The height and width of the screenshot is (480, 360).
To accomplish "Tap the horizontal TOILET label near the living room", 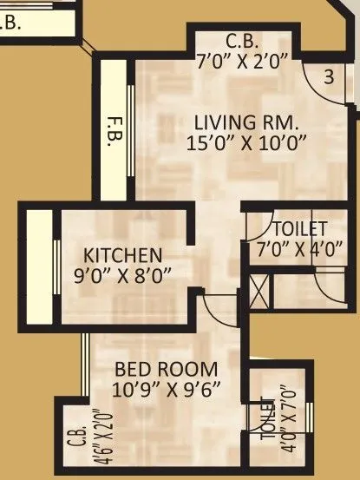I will (299, 229).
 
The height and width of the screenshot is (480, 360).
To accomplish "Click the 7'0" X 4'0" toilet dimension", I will (299, 247).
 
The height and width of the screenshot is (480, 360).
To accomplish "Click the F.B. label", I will (114, 128).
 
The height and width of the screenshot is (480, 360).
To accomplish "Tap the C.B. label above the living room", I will (239, 40).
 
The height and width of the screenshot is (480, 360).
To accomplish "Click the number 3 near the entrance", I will (329, 76).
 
